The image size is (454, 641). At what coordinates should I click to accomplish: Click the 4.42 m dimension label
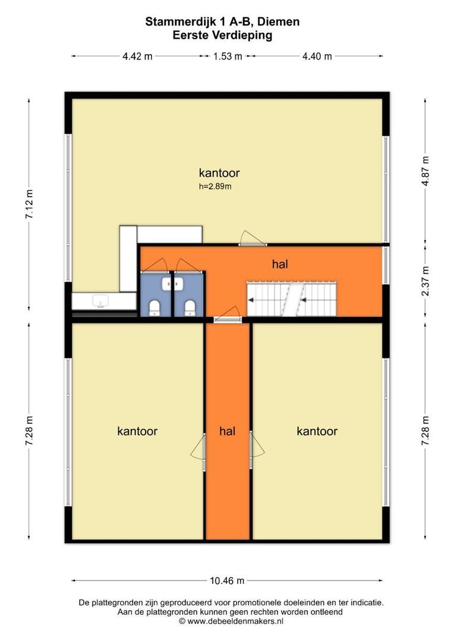coord(137,56)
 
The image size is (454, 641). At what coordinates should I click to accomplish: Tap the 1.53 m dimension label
coord(228,56)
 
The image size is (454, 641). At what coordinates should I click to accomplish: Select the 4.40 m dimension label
coord(317,56)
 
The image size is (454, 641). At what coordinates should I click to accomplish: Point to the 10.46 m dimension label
coord(227,580)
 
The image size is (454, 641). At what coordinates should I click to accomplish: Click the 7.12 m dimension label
coord(30,204)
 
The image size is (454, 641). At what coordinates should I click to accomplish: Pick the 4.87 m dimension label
coord(425,171)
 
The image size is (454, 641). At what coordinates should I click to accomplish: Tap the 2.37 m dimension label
coord(425,281)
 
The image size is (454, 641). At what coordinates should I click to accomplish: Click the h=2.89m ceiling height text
coord(215,187)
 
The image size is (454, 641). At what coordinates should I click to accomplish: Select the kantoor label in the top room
coord(219,173)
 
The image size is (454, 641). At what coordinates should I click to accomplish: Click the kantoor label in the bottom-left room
coord(137,431)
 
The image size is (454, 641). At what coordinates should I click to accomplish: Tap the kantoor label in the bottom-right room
coord(317,431)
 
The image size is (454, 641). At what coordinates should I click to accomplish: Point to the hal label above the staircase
coord(280,264)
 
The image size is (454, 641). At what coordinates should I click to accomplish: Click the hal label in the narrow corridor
coord(227,431)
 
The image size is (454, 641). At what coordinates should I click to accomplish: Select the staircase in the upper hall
coord(291,299)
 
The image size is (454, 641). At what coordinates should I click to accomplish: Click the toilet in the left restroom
coord(155,307)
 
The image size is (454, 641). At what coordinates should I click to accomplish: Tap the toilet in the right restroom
coord(190,307)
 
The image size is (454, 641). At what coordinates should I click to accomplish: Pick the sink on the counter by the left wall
coord(100,302)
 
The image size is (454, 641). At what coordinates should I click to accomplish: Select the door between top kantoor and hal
coord(252,239)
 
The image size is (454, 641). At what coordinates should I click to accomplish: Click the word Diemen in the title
coord(281,22)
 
